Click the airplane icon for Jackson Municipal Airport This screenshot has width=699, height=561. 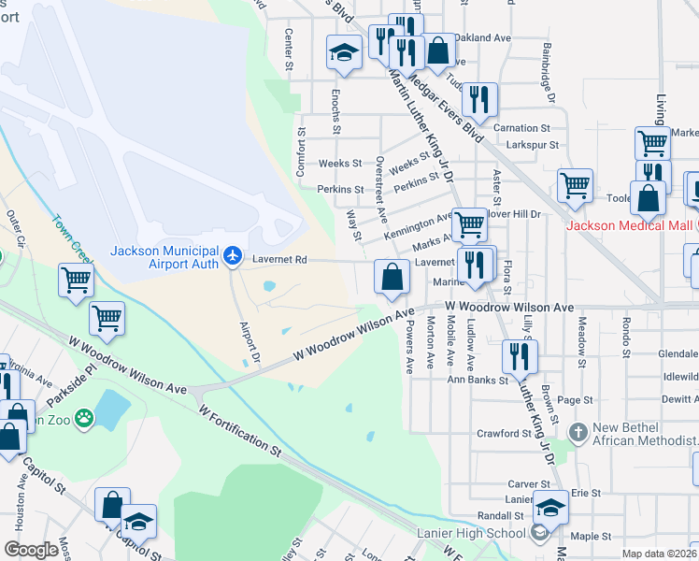click(233, 255)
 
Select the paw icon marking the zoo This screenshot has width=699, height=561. click(84, 418)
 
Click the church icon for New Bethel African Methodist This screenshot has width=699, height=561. click(579, 431)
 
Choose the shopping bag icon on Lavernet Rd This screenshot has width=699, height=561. click(391, 276)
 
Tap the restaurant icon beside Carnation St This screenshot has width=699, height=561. click(479, 99)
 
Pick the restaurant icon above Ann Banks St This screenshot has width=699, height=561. click(518, 356)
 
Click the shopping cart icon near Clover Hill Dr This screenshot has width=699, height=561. click(469, 223)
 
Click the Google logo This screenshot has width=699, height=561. click(32, 550)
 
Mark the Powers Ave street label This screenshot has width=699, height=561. click(410, 346)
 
